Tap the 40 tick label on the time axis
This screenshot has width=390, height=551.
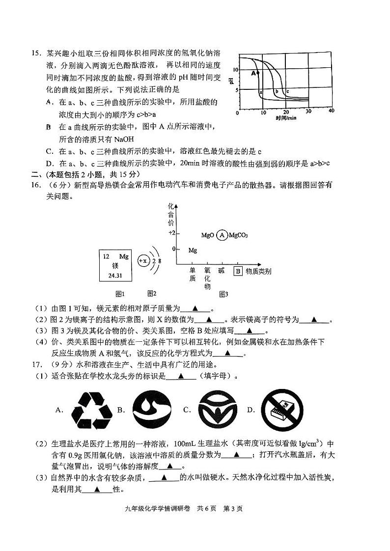[331, 111]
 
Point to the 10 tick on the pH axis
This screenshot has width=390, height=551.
[236, 70]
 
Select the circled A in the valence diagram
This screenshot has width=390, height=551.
[222, 235]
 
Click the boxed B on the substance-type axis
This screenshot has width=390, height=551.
[237, 271]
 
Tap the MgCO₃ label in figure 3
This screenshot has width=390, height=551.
[238, 235]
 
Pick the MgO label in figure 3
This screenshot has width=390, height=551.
[208, 235]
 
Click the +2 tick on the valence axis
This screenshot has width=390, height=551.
[171, 233]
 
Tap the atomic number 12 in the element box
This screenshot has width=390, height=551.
[106, 256]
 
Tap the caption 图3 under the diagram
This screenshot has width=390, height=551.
[223, 294]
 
